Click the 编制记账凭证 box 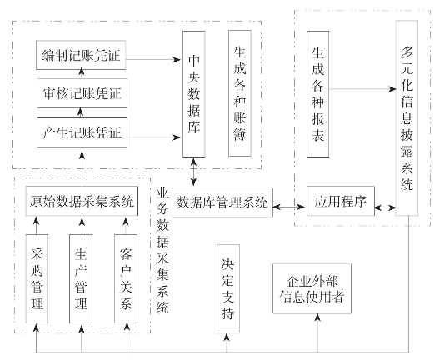[81, 55]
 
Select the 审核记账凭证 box [82, 93]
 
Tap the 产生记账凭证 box [82, 132]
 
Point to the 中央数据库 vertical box [194, 94]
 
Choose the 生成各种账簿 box [240, 93]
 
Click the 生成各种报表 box [317, 94]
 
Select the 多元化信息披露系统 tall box [407, 118]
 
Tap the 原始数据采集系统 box [82, 201]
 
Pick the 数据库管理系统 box [222, 202]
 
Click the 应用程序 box [341, 201]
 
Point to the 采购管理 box [37, 278]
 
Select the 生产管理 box [81, 278]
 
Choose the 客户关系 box [126, 278]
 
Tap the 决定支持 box [228, 289]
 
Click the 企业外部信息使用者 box [312, 289]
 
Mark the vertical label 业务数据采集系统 [162, 250]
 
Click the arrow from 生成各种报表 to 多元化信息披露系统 [362, 89]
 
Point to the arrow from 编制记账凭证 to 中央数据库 [153, 59]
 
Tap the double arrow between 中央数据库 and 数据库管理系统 [194, 172]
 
